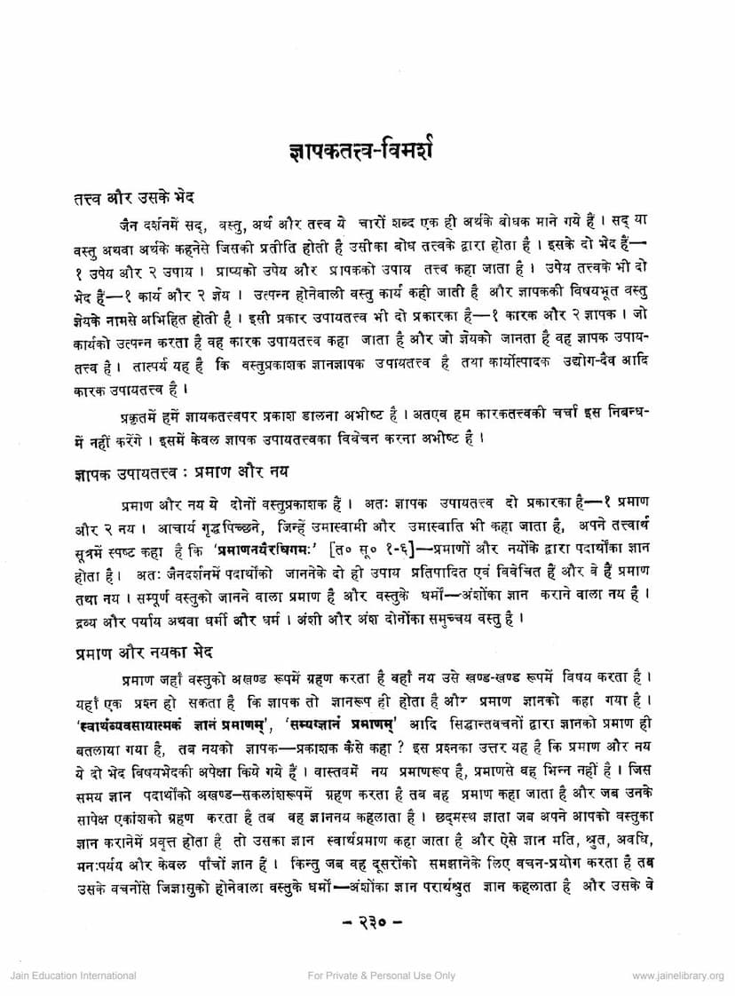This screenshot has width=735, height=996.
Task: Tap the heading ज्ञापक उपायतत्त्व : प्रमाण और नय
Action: coord(182,467)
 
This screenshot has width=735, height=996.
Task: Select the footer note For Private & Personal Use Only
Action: coord(382,975)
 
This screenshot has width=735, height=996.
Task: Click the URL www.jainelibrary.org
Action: coord(677,975)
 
